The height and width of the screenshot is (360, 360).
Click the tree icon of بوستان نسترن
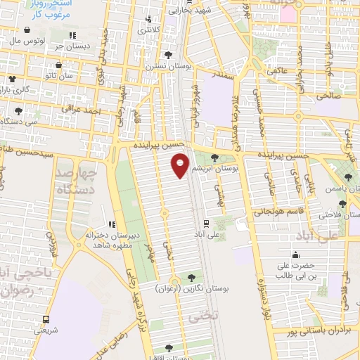pos(168,53)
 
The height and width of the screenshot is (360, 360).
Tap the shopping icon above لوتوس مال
pos(27,30)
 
